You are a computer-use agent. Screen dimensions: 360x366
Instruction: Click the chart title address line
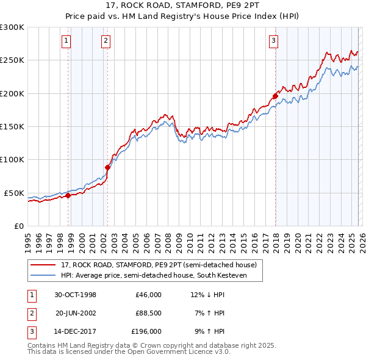(x=183, y=6)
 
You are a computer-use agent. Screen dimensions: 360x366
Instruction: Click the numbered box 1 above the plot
(x=66, y=41)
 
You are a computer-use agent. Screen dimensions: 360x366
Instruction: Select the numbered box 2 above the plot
(x=106, y=41)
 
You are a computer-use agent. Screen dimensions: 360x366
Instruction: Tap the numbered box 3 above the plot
(x=274, y=41)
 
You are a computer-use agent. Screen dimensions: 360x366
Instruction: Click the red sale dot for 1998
(x=68, y=195)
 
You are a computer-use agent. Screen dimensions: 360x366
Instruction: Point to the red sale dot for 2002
(x=108, y=167)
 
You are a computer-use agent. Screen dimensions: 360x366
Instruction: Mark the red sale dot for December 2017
(x=275, y=96)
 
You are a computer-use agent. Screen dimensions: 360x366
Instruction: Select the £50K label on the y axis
(x=14, y=193)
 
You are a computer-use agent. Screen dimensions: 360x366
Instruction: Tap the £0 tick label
(x=18, y=226)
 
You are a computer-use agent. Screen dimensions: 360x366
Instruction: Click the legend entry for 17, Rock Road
(x=162, y=265)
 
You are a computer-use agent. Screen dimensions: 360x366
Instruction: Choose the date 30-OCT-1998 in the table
(x=75, y=295)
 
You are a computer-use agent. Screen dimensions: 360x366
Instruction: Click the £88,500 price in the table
(x=148, y=313)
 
